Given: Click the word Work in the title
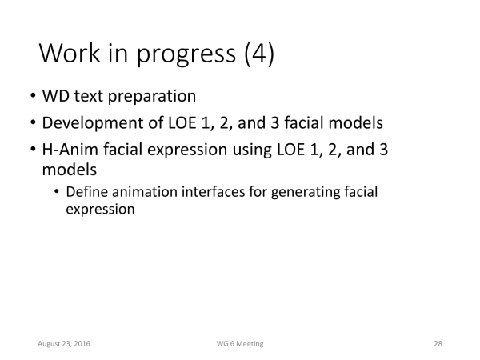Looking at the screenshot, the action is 70,53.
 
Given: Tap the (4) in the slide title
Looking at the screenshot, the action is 259,54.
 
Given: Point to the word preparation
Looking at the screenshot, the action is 152,98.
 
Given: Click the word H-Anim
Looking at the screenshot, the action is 70,150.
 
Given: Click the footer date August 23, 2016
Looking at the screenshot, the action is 64,344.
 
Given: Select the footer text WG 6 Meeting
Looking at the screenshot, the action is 240,344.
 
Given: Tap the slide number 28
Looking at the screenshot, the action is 438,344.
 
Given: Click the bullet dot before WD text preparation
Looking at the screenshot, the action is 33,96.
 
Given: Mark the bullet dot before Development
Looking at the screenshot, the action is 33,122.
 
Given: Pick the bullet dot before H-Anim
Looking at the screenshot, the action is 33,150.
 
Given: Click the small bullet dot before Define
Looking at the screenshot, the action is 56,192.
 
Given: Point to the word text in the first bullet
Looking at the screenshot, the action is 88,96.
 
